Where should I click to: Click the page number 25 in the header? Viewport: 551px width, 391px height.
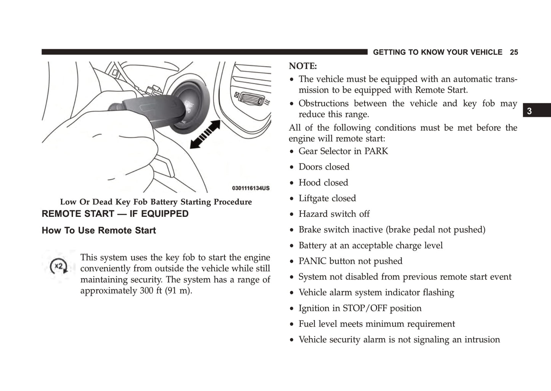(514, 53)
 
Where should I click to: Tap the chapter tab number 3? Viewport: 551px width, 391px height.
(529, 111)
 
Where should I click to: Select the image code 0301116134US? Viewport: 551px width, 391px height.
(251, 188)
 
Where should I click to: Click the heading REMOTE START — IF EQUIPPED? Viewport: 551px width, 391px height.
(115, 214)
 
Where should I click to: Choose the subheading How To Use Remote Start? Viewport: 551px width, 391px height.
(99, 231)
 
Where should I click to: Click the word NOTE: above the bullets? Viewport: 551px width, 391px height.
(303, 66)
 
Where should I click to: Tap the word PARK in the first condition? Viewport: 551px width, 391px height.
(376, 151)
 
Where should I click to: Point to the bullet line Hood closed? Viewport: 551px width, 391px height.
(323, 183)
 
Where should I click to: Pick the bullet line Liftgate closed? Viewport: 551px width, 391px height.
(327, 199)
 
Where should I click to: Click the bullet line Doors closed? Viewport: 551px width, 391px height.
(324, 167)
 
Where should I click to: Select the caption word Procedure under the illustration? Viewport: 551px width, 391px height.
(233, 202)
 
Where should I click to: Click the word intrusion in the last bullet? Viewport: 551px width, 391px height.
(482, 340)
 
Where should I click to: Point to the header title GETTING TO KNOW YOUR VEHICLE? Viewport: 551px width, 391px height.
(437, 53)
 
